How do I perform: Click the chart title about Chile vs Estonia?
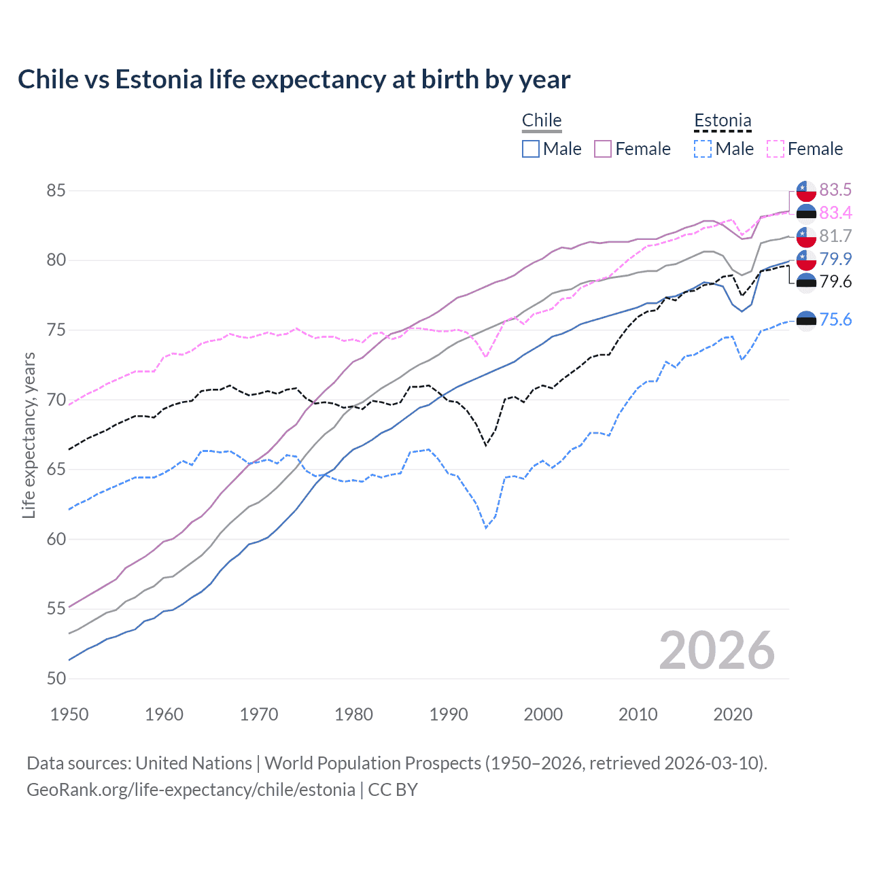click(294, 80)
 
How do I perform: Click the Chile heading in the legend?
click(542, 120)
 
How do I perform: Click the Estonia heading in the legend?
click(723, 120)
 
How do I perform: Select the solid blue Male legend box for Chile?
click(531, 149)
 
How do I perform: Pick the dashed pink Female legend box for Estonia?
click(776, 149)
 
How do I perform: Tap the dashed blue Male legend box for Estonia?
click(703, 149)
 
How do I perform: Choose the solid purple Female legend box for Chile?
click(603, 149)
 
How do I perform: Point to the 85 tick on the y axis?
click(56, 191)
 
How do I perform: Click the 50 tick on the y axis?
click(56, 678)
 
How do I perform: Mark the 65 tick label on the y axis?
click(56, 470)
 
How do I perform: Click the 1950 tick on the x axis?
click(69, 714)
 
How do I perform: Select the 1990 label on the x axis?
click(449, 714)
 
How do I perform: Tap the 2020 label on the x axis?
click(733, 714)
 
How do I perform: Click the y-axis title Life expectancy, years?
click(29, 435)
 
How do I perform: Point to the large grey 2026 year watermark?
click(716, 650)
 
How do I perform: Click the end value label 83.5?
click(835, 190)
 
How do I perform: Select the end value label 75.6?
click(835, 319)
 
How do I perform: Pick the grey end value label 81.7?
click(835, 236)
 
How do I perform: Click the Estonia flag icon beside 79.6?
click(806, 282)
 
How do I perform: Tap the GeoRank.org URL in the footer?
click(191, 790)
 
